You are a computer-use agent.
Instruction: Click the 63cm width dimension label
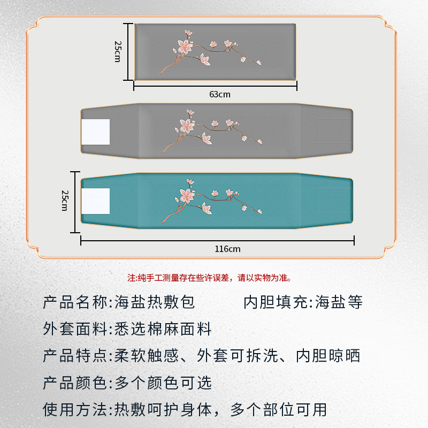coord(220,95)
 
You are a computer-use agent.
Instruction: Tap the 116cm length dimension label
coord(227,249)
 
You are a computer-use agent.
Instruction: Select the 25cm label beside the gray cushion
coord(118,51)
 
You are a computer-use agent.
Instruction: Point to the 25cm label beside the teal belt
coord(65,201)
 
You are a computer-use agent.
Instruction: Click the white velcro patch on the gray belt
coord(96,132)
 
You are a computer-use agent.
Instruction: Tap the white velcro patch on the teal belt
coord(96,201)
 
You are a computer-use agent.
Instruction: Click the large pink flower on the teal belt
coord(187,195)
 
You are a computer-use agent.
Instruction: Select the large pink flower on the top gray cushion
coord(185,47)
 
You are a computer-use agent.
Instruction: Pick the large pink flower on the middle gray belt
coord(187,126)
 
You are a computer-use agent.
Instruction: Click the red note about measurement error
coord(210,278)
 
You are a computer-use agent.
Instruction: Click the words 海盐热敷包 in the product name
coord(155,302)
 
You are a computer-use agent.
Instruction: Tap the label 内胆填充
coord(276,302)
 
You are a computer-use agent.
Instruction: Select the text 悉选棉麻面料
coord(163,329)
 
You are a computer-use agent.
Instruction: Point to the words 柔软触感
coord(146,356)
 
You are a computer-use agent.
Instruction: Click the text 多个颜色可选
coord(163,383)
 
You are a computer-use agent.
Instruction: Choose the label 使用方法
coord(74,409)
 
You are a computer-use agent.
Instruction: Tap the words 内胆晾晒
coord(328,356)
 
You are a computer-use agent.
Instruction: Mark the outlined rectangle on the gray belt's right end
coord(335,131)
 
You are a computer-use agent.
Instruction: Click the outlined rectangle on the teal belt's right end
coord(335,200)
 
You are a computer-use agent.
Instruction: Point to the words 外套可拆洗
coord(237,356)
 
